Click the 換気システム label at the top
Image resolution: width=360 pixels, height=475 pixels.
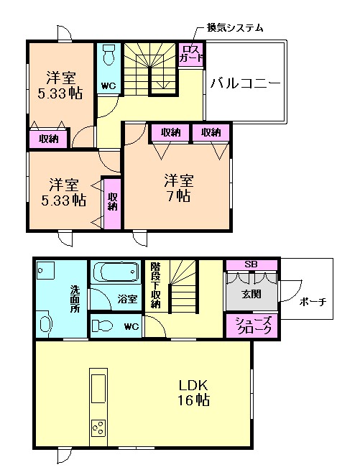pos(235,28)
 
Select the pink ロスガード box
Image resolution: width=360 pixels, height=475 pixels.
pos(191,55)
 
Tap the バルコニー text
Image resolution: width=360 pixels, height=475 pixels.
pos(245,83)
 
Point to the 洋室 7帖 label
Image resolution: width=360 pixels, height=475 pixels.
pos(177,187)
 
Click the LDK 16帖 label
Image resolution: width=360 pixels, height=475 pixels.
pos(194,392)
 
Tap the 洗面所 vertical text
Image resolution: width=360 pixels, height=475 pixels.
pos(75,298)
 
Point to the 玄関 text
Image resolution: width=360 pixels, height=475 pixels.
pos(250,293)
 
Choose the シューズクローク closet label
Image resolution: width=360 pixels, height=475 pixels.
pos(253,326)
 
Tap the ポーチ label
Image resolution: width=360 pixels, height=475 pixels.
pos(313,302)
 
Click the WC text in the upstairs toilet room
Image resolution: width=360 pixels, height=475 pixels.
pos(109,86)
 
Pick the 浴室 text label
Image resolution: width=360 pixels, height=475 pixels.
pos(127,299)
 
